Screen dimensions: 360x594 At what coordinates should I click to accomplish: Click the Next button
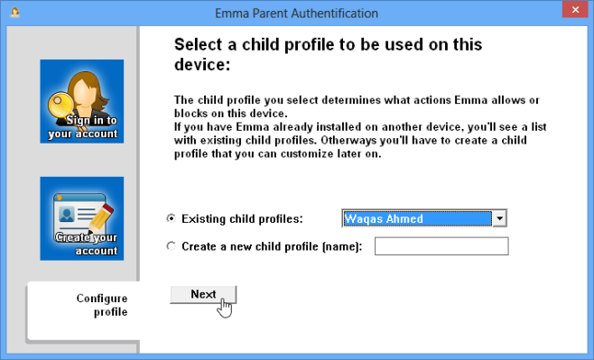point(203,294)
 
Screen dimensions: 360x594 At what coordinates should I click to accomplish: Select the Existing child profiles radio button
point(172,218)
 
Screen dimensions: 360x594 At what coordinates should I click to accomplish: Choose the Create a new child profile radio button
point(172,246)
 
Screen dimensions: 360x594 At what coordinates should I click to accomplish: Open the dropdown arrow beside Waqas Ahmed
point(500,218)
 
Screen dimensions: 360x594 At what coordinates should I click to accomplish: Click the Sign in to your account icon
point(82,102)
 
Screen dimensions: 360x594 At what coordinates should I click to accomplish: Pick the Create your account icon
point(82,218)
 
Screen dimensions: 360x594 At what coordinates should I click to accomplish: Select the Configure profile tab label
point(102,305)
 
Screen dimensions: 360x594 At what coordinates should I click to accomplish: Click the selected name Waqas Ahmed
point(384,218)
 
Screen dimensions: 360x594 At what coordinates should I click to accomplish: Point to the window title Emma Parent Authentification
point(296,14)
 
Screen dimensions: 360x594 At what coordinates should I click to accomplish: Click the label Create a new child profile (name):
point(272,246)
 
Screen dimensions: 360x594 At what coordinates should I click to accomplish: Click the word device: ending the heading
point(202,65)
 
